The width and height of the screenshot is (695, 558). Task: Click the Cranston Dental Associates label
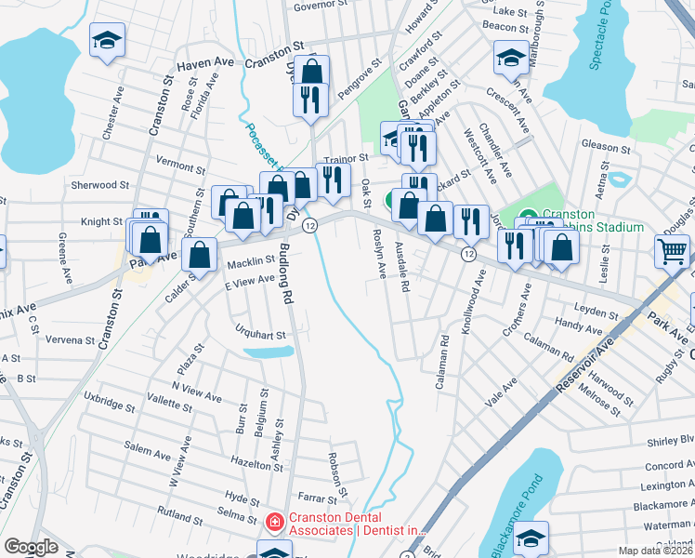point(356,523)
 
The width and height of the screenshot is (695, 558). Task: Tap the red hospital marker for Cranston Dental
point(273,524)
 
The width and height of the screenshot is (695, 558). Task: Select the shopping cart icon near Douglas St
point(673,249)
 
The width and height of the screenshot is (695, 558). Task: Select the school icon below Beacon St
point(511,58)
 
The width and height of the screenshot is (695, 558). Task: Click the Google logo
point(31,548)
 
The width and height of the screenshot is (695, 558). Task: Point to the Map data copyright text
point(656,551)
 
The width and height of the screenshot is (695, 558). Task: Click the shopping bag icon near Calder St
point(201,252)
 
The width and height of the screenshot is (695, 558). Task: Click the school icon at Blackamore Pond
point(531,538)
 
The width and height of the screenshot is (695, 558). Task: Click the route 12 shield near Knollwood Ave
point(470,254)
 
